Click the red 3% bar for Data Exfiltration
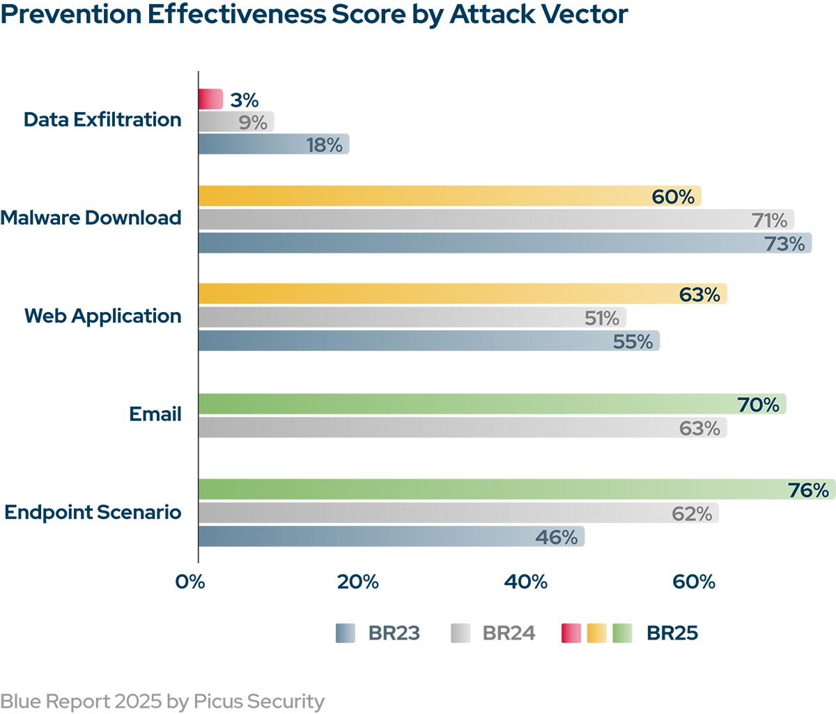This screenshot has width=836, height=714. (210, 100)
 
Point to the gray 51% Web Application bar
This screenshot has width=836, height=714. (412, 318)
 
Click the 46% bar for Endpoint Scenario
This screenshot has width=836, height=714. (391, 537)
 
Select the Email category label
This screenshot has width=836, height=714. (155, 414)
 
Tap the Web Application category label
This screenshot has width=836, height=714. (103, 316)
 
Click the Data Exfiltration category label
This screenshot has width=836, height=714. (102, 120)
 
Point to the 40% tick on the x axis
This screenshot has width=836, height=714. (526, 582)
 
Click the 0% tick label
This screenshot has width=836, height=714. (190, 582)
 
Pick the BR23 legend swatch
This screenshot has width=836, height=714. (346, 633)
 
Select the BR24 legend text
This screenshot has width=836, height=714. (509, 633)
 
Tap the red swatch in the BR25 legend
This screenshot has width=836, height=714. (571, 633)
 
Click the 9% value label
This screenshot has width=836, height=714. (253, 123)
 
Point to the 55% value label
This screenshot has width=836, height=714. (633, 341)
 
